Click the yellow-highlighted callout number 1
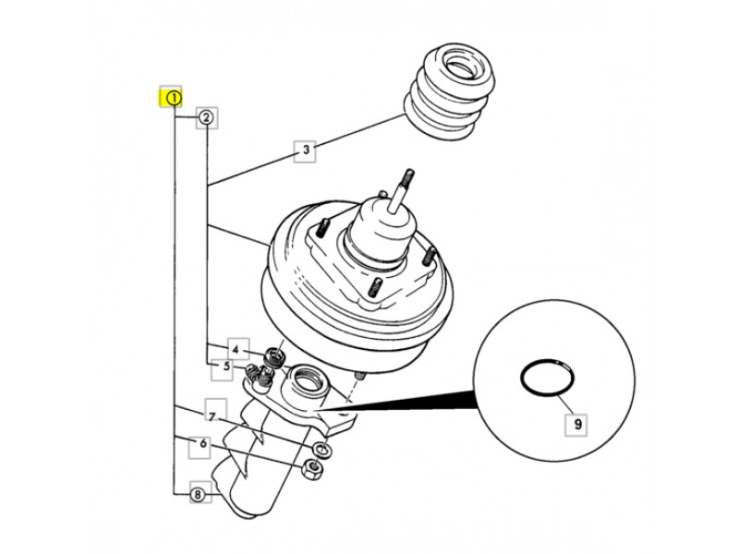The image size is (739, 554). (171, 98)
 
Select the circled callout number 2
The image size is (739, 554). (206, 117)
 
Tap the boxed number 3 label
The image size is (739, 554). (306, 151)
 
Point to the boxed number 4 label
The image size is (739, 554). (238, 350)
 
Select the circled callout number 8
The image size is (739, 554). (198, 494)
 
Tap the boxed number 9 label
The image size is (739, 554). (576, 424)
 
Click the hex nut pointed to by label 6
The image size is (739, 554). (314, 469)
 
